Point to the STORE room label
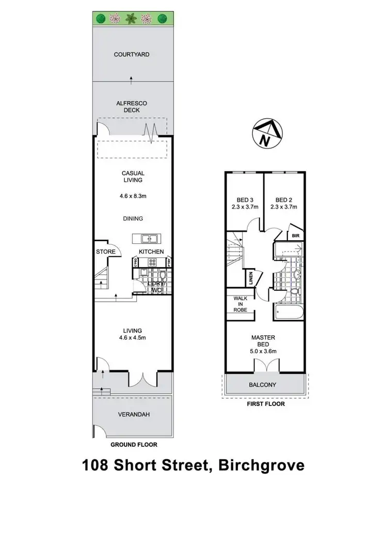[x=106, y=252]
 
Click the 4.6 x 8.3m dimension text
[x=133, y=196]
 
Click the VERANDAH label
[x=132, y=414]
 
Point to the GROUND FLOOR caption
[x=134, y=444]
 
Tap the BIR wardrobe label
[x=296, y=236]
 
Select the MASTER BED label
[x=264, y=341]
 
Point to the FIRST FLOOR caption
[x=265, y=404]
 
